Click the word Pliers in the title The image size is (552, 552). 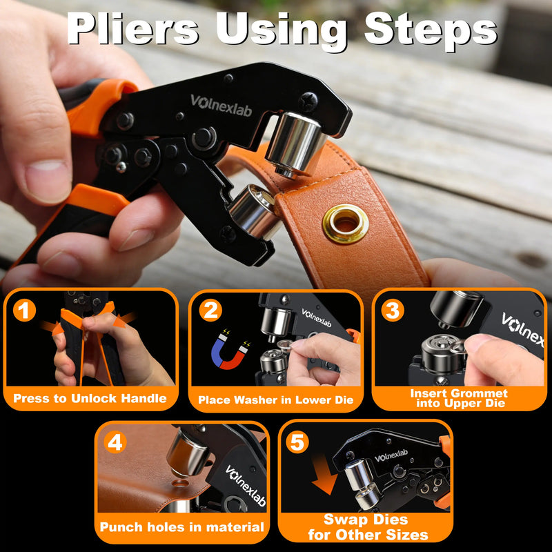tap(135, 31)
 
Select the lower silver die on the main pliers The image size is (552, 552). tap(253, 212)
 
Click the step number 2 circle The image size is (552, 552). tap(210, 310)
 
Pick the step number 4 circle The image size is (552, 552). tap(115, 442)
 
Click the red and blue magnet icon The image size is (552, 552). tap(230, 350)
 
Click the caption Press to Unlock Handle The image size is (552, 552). tap(90, 398)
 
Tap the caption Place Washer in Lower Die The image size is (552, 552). tap(276, 400)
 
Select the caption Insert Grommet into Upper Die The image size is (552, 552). tap(459, 398)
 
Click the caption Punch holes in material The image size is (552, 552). tap(181, 527)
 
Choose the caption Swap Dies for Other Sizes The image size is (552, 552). tap(366, 527)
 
